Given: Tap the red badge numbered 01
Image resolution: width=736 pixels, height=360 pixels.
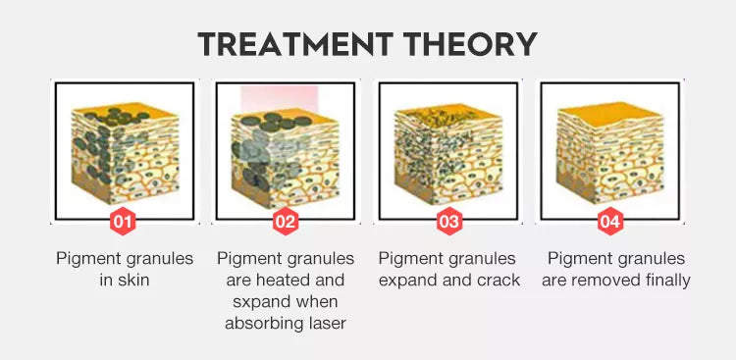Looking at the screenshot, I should point(123,222).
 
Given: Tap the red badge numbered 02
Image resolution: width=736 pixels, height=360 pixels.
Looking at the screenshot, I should point(285,222).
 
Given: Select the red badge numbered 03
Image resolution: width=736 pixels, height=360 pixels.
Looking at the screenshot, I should point(449,222).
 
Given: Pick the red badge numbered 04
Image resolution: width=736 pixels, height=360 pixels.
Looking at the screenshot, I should point(610,222).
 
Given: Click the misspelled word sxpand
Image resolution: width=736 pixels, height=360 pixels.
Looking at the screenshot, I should point(248,301).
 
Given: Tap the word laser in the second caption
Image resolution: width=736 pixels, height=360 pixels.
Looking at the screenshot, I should point(325,323).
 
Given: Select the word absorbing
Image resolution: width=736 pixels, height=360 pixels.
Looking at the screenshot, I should point(262,323).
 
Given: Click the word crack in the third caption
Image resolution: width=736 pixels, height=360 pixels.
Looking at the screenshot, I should point(497,280).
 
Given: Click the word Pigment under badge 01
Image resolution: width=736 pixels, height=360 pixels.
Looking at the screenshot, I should point(90,258).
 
